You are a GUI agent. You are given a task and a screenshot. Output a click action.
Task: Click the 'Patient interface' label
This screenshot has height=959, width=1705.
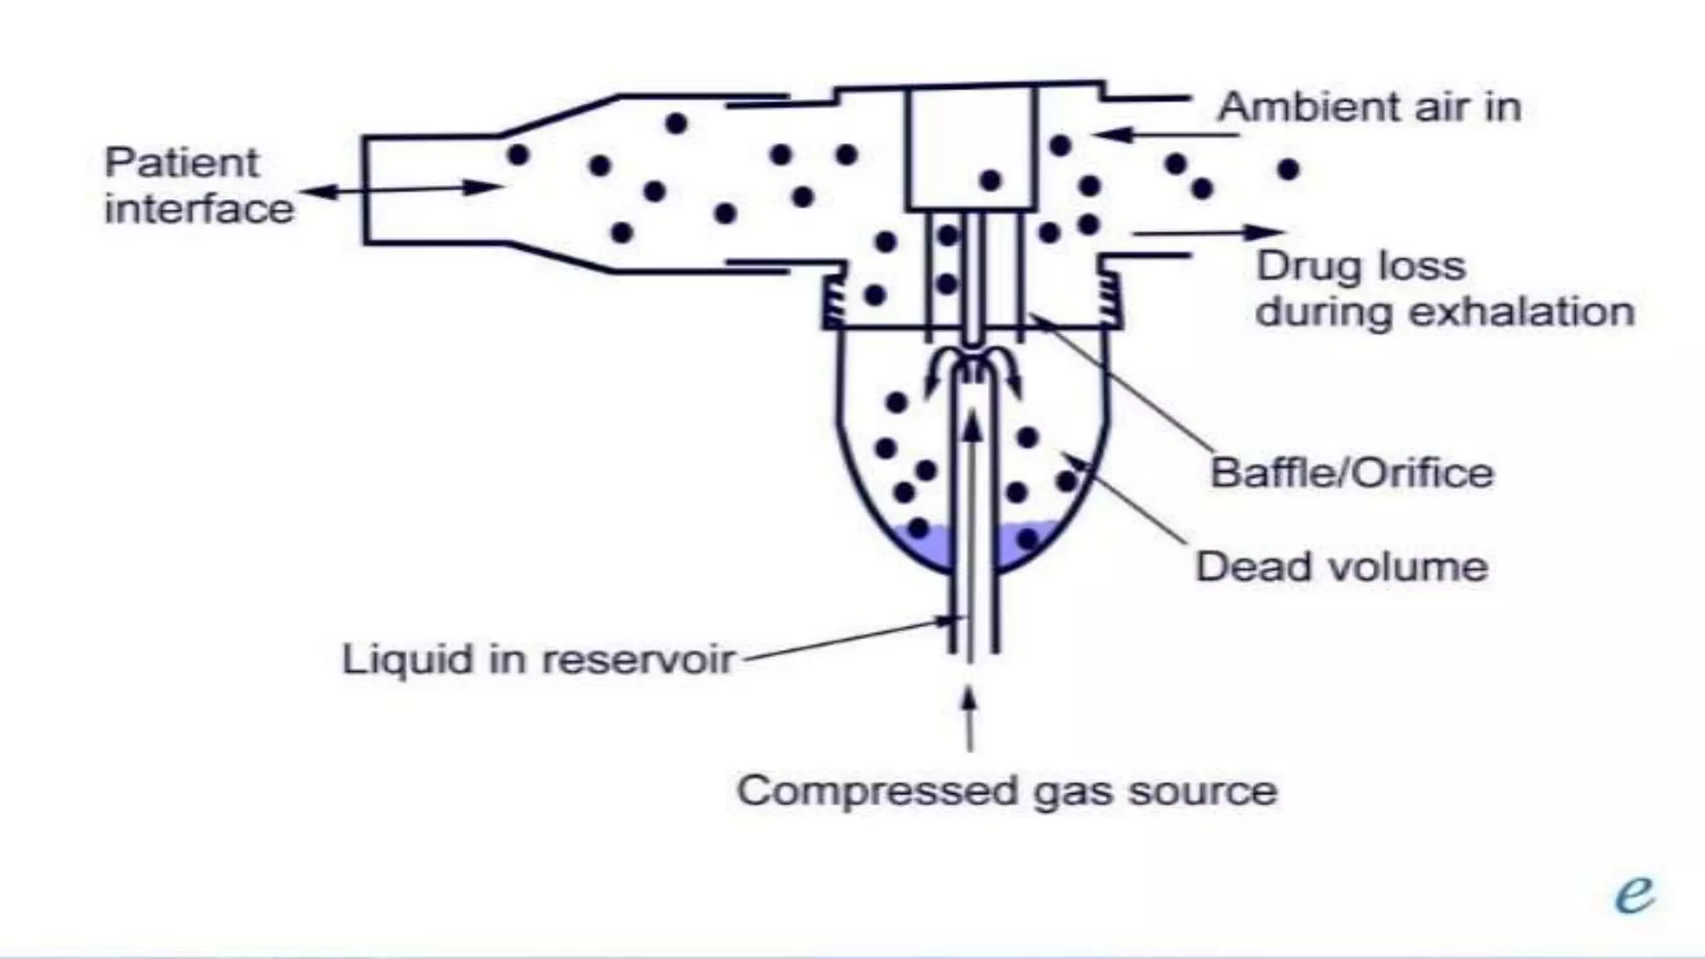[x=198, y=186]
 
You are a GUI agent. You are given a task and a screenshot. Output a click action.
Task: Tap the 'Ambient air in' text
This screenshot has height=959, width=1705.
[x=1369, y=107]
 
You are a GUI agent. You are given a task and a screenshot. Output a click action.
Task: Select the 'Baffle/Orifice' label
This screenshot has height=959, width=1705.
[x=1351, y=473]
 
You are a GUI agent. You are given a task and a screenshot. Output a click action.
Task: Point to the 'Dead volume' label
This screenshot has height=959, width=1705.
[x=1341, y=567]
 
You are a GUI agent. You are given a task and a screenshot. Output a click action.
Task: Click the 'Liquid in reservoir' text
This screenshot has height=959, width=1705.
[x=538, y=659]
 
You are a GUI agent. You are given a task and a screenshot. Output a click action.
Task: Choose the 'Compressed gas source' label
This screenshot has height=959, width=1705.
[x=1007, y=791]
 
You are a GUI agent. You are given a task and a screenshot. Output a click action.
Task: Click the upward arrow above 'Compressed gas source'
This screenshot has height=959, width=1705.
[x=968, y=719]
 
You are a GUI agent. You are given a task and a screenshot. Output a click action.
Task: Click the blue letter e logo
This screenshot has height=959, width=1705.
[x=1634, y=895]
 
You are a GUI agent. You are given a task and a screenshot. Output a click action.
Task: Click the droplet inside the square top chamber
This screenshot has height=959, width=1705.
[x=990, y=180]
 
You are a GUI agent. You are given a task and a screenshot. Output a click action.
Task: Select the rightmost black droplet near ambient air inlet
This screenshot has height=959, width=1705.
[x=1288, y=170]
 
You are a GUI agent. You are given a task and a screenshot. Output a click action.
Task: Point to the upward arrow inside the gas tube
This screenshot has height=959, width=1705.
[x=972, y=433]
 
